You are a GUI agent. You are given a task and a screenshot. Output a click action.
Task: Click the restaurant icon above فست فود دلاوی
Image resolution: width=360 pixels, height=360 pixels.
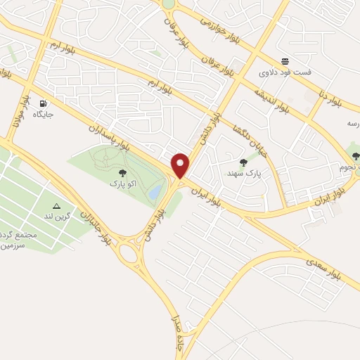285,61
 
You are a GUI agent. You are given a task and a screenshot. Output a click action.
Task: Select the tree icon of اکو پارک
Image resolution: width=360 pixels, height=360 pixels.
122,172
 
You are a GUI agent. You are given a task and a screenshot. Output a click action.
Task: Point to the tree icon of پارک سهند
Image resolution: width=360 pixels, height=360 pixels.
243,162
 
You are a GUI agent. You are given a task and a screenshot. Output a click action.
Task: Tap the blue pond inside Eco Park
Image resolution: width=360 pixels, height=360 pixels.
154,191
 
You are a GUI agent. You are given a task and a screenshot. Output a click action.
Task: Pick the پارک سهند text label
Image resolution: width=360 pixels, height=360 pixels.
245,173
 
